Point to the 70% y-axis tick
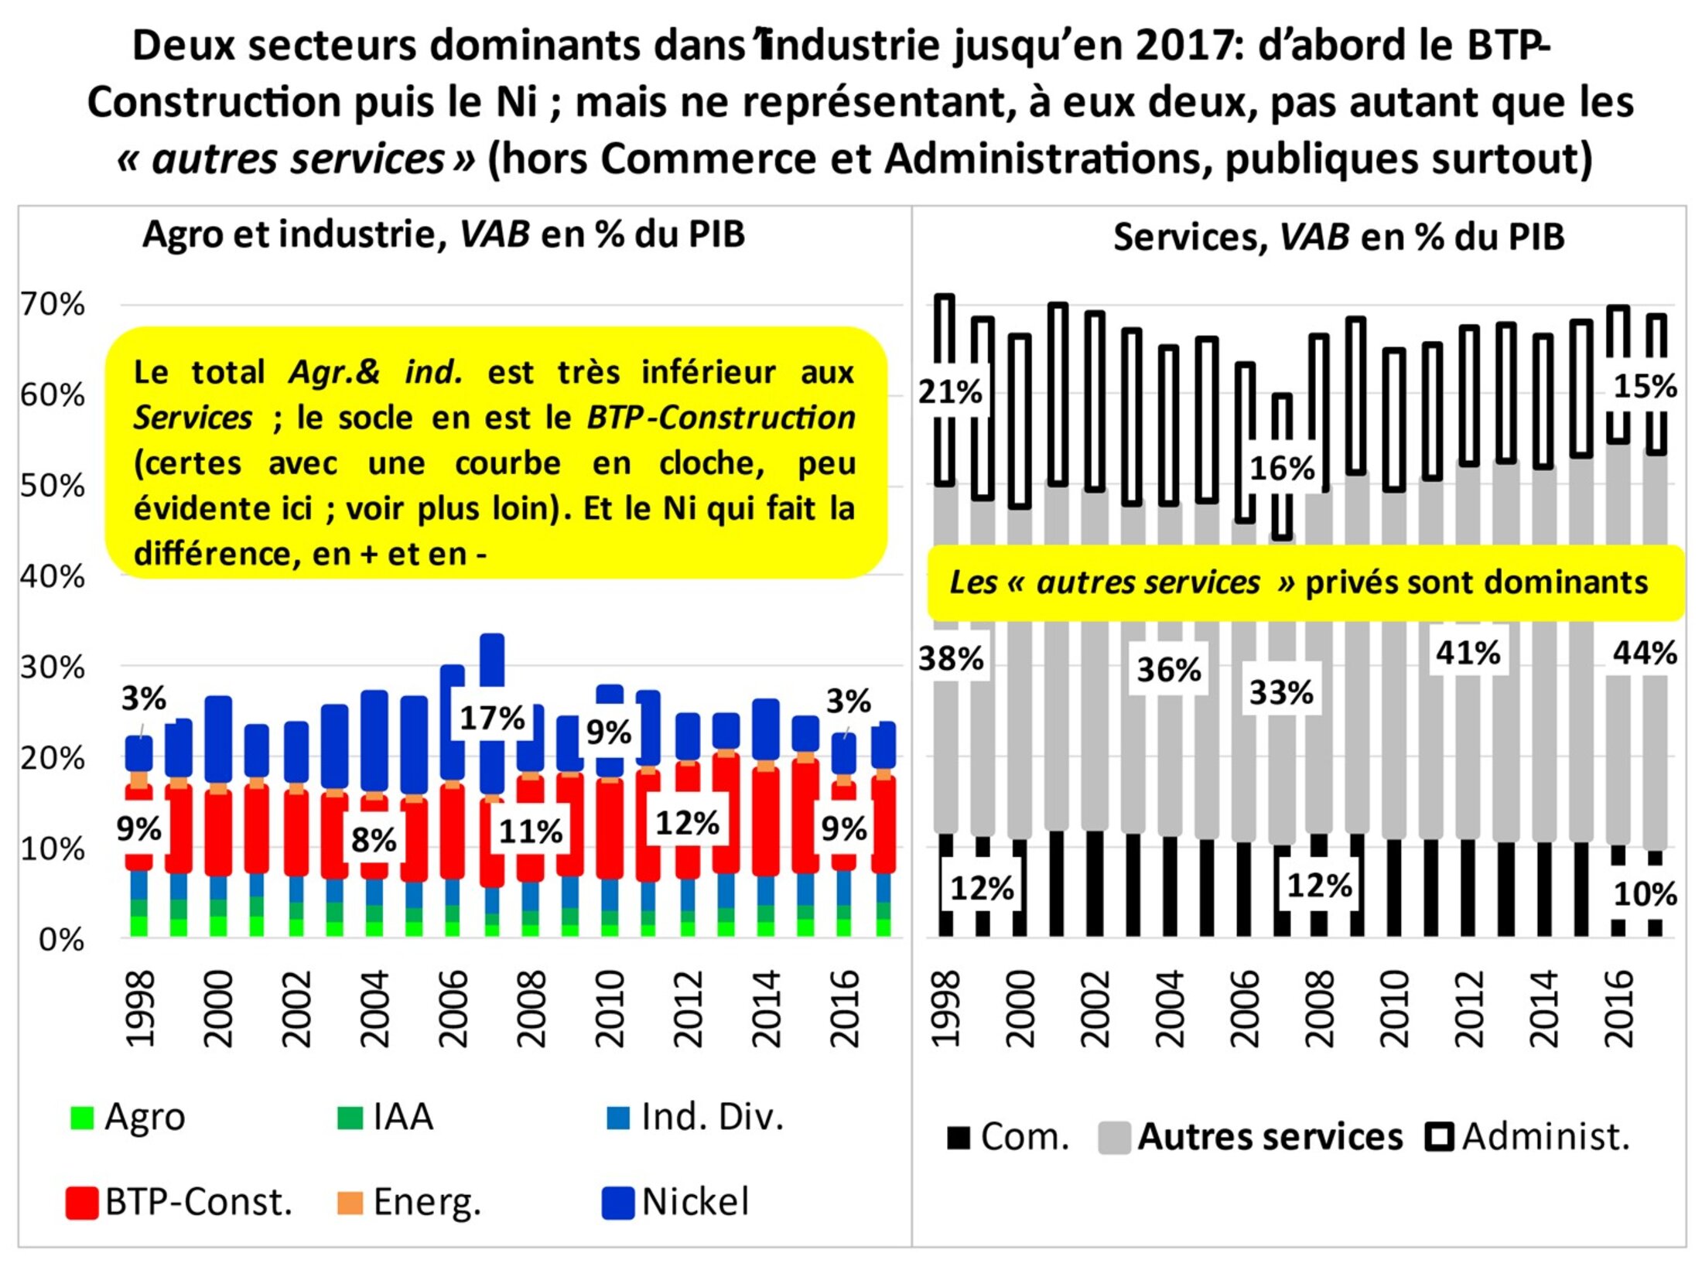[x=53, y=305]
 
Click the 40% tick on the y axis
[x=53, y=576]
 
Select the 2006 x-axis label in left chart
[x=453, y=1009]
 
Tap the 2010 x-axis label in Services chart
[x=1395, y=1009]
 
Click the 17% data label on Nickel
[x=492, y=719]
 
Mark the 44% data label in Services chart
[x=1645, y=654]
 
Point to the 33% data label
[x=1281, y=692]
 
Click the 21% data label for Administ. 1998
[x=950, y=391]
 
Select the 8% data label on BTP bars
[x=374, y=840]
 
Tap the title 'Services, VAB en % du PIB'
[x=1338, y=237]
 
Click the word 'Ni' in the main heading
[x=517, y=101]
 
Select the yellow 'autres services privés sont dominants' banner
[x=1305, y=583]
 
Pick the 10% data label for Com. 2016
[x=1645, y=894]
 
